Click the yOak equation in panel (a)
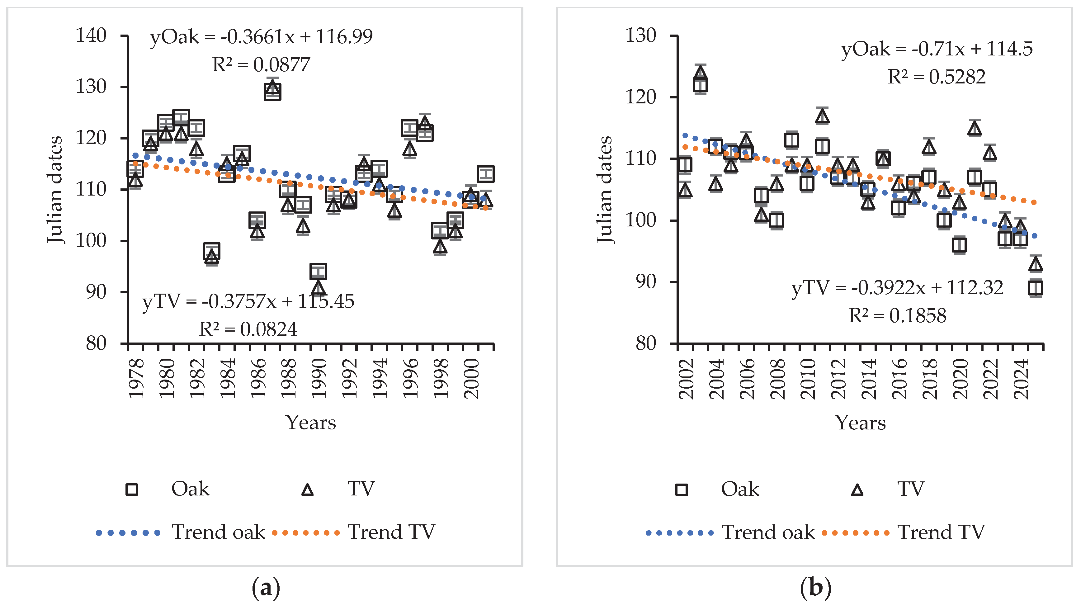point(261,37)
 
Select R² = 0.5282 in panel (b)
point(936,77)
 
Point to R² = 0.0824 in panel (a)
point(248,329)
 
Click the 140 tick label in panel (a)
point(91,36)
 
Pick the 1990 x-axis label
point(319,378)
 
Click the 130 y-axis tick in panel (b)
point(640,36)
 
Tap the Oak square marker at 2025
point(1036,288)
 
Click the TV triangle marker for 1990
point(319,288)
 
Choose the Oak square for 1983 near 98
point(211,251)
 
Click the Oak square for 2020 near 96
point(959,245)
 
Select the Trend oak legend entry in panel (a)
point(181,532)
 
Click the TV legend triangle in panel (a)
point(308,489)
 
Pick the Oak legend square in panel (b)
point(682,489)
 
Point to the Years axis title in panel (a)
point(311,422)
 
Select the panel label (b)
point(815,588)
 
